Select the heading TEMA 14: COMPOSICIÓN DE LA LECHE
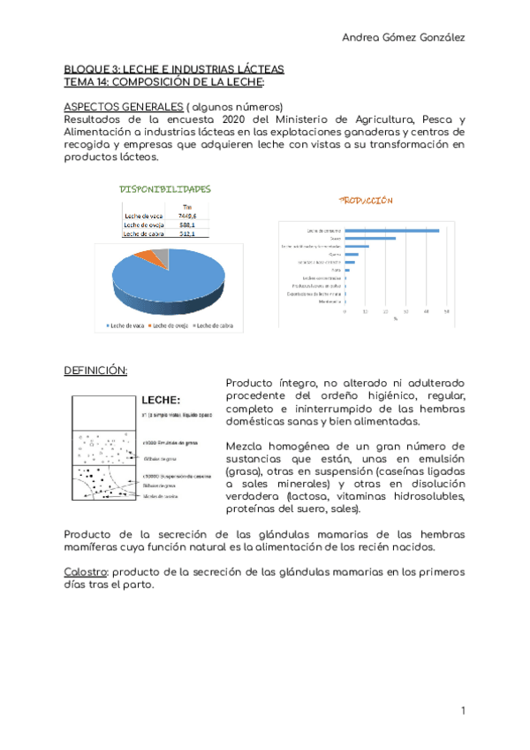point(163,81)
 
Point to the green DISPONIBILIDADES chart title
point(165,188)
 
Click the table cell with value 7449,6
point(186,216)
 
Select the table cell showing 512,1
point(186,234)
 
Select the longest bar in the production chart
point(392,230)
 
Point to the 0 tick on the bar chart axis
point(345,311)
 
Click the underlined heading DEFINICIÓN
point(95,370)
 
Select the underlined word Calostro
point(86,572)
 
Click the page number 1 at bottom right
point(462,711)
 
